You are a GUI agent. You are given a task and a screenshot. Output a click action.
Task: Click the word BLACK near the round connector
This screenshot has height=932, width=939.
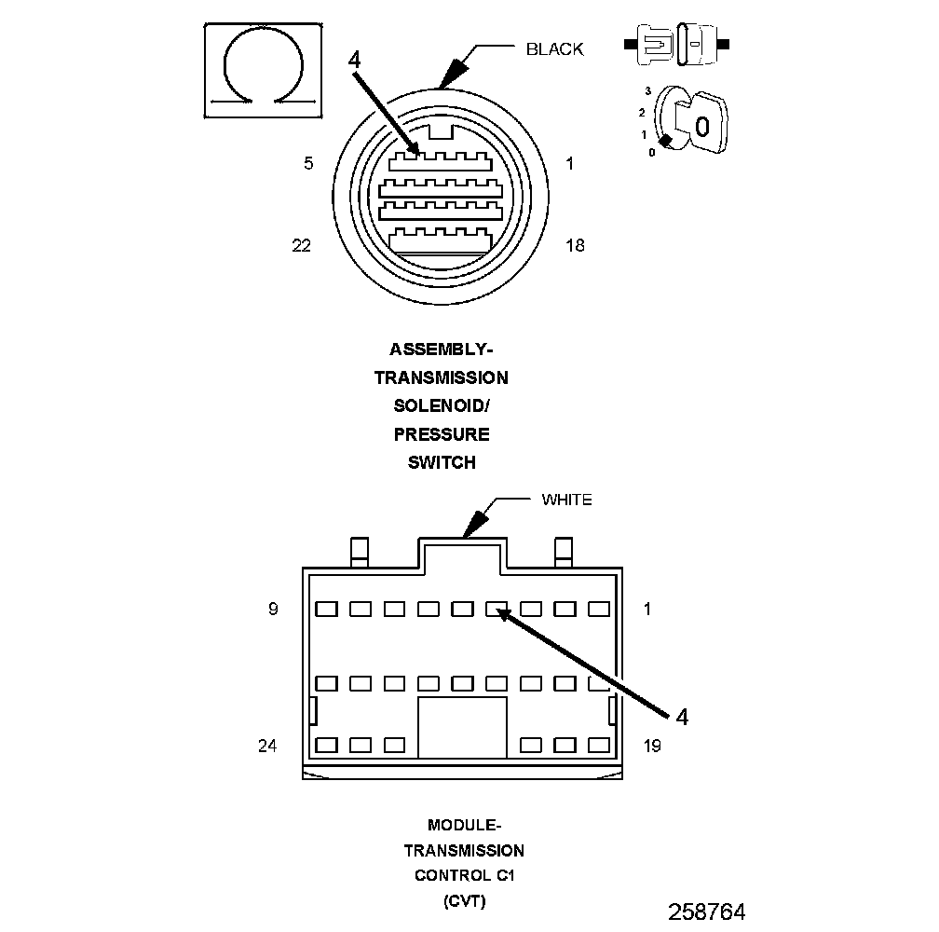click(554, 49)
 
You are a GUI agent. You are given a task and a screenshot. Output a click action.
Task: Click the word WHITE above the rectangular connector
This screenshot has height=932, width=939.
click(566, 500)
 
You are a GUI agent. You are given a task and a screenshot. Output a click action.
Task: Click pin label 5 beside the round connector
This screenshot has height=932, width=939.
click(308, 164)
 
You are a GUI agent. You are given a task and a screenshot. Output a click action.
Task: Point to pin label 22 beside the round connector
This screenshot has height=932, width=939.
click(301, 245)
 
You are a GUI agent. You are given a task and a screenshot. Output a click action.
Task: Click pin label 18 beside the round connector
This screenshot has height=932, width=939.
click(575, 245)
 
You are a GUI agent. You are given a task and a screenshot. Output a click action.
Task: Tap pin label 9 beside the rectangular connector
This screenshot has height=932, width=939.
click(273, 610)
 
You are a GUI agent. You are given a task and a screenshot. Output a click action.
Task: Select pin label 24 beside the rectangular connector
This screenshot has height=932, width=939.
click(267, 746)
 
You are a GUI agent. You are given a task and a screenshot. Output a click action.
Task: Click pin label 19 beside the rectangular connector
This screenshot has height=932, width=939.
click(652, 746)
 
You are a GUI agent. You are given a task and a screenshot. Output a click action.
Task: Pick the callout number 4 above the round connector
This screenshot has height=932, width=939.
click(354, 60)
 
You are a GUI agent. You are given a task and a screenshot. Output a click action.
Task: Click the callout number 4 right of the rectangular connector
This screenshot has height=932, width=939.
click(682, 717)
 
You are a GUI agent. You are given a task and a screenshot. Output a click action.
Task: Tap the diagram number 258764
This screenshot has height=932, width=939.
click(706, 911)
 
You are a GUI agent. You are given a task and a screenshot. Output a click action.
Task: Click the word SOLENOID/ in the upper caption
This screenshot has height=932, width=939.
click(442, 406)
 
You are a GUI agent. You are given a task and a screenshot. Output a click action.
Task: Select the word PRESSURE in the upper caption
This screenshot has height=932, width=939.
click(442, 434)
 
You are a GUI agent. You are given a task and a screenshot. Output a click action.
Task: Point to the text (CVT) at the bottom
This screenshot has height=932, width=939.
click(463, 901)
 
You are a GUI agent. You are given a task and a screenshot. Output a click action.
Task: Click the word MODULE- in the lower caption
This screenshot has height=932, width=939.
click(463, 825)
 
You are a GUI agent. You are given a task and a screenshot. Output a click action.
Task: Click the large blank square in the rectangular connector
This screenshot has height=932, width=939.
click(462, 727)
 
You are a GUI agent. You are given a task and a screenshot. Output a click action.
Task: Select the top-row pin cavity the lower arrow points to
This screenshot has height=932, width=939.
click(497, 610)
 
